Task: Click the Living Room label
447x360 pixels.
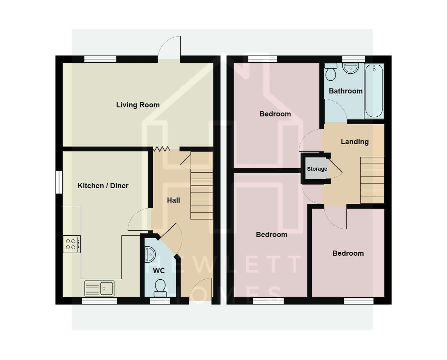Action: click(x=138, y=105)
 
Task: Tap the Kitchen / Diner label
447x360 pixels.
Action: click(x=103, y=186)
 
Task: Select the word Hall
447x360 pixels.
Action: click(x=173, y=200)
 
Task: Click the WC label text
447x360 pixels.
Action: click(x=159, y=271)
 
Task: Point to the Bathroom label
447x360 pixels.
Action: click(x=345, y=91)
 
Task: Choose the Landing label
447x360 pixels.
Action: click(x=354, y=142)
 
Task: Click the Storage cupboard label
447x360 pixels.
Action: click(x=317, y=169)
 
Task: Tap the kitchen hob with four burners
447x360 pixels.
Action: click(x=72, y=244)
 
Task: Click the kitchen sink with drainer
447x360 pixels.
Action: click(x=99, y=288)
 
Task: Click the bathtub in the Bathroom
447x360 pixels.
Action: click(x=374, y=91)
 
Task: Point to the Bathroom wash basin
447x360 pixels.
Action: click(x=350, y=68)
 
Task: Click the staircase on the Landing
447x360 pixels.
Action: click(x=372, y=180)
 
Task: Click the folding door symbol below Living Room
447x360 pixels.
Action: click(x=162, y=149)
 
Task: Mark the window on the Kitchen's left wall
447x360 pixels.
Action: click(x=59, y=182)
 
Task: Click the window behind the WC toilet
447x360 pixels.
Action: click(x=160, y=301)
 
